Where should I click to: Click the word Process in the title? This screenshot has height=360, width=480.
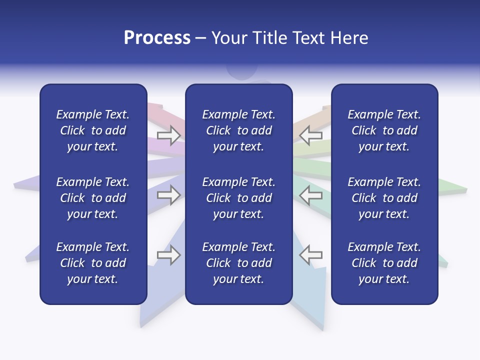pyautogui.click(x=157, y=38)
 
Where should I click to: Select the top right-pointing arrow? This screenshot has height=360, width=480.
pyautogui.click(x=168, y=134)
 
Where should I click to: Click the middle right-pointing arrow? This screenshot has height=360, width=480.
pyautogui.click(x=168, y=195)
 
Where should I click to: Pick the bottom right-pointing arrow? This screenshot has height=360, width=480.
pyautogui.click(x=168, y=255)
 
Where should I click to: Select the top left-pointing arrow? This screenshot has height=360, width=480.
pyautogui.click(x=310, y=134)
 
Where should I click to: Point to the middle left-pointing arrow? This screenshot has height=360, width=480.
pyautogui.click(x=310, y=195)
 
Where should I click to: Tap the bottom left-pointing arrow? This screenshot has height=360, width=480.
pyautogui.click(x=310, y=255)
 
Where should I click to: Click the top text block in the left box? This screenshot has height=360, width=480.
pyautogui.click(x=93, y=130)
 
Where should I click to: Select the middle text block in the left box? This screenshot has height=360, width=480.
pyautogui.click(x=93, y=198)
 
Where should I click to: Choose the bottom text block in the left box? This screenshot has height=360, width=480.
pyautogui.click(x=93, y=263)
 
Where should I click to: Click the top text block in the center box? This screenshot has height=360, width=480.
pyautogui.click(x=238, y=130)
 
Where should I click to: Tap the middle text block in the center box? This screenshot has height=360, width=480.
pyautogui.click(x=238, y=198)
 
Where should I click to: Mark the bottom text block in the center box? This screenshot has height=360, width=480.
pyautogui.click(x=238, y=263)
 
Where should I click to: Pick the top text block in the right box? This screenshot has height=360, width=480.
pyautogui.click(x=384, y=130)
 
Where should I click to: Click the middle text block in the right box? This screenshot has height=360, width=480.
pyautogui.click(x=384, y=198)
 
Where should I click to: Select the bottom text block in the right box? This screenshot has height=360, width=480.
pyautogui.click(x=384, y=263)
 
